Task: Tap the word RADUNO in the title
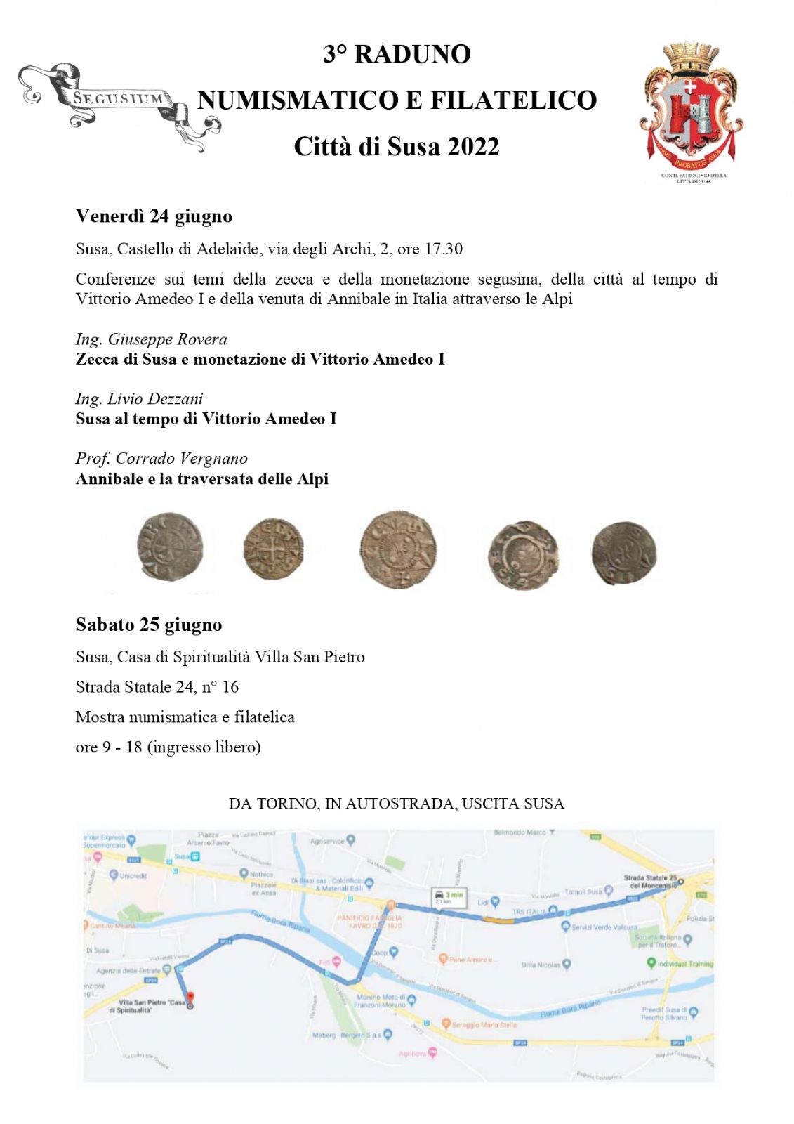412,54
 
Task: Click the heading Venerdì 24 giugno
154,216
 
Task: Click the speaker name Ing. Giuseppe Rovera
151,339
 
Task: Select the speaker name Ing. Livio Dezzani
139,399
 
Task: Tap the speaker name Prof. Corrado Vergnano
161,459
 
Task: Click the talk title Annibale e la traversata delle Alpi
202,479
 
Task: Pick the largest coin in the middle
398,549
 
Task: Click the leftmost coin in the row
169,546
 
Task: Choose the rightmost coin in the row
623,553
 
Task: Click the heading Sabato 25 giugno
149,625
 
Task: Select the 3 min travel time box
448,897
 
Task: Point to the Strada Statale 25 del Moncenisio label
651,882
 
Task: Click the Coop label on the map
381,953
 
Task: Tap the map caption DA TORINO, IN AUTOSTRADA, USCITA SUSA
397,804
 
